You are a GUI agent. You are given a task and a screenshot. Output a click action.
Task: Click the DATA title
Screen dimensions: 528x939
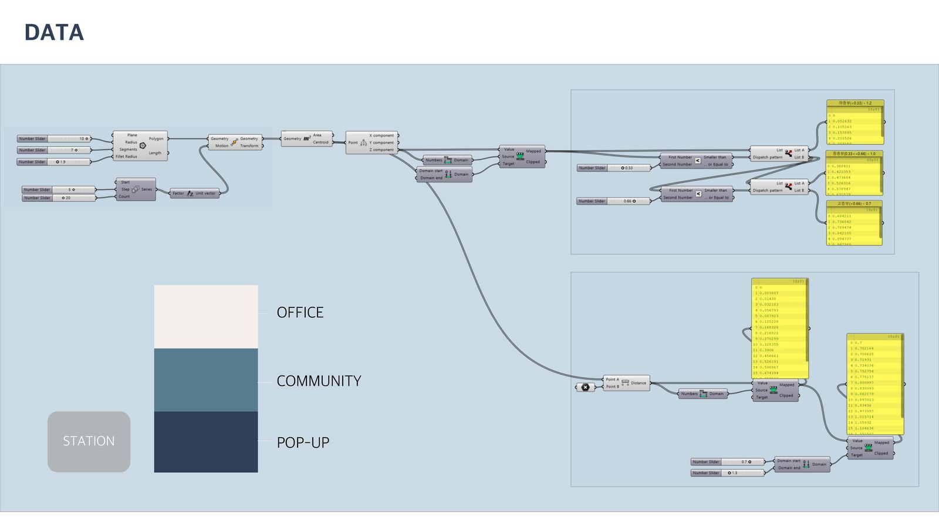click(x=54, y=32)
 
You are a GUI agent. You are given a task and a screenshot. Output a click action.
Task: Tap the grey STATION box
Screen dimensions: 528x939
click(x=89, y=441)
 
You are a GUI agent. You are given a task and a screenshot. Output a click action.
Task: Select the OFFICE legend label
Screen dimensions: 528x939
click(x=300, y=313)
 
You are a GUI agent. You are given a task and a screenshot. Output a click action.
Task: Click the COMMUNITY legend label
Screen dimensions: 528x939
click(x=319, y=381)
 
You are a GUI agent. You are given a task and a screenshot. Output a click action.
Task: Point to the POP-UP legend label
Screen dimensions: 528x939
click(x=303, y=443)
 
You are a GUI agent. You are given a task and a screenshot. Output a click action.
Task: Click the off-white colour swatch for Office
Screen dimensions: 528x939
click(x=206, y=317)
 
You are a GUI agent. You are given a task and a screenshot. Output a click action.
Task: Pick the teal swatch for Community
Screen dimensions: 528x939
click(x=206, y=380)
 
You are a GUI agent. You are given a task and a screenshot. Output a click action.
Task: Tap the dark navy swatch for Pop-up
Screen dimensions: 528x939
click(x=206, y=442)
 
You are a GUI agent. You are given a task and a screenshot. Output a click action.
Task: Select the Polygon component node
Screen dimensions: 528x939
click(x=140, y=145)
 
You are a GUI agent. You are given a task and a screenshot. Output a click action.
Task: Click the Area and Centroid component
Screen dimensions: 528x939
click(x=307, y=138)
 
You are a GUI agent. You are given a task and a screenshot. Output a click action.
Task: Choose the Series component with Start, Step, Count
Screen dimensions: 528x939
click(x=136, y=189)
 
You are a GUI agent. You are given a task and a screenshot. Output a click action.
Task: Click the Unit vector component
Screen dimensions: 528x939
click(x=195, y=193)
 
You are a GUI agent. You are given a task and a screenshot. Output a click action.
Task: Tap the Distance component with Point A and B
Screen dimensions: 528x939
click(x=626, y=383)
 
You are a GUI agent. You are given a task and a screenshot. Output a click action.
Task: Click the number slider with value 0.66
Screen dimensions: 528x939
click(x=614, y=201)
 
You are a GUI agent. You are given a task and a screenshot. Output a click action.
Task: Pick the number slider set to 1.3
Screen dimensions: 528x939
click(x=728, y=473)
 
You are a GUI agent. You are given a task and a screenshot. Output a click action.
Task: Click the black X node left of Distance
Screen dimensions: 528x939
click(x=585, y=387)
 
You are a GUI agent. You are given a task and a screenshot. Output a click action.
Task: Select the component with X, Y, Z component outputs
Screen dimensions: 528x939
click(x=372, y=143)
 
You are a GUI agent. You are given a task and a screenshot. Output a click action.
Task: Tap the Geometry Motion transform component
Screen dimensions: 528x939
click(x=235, y=142)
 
